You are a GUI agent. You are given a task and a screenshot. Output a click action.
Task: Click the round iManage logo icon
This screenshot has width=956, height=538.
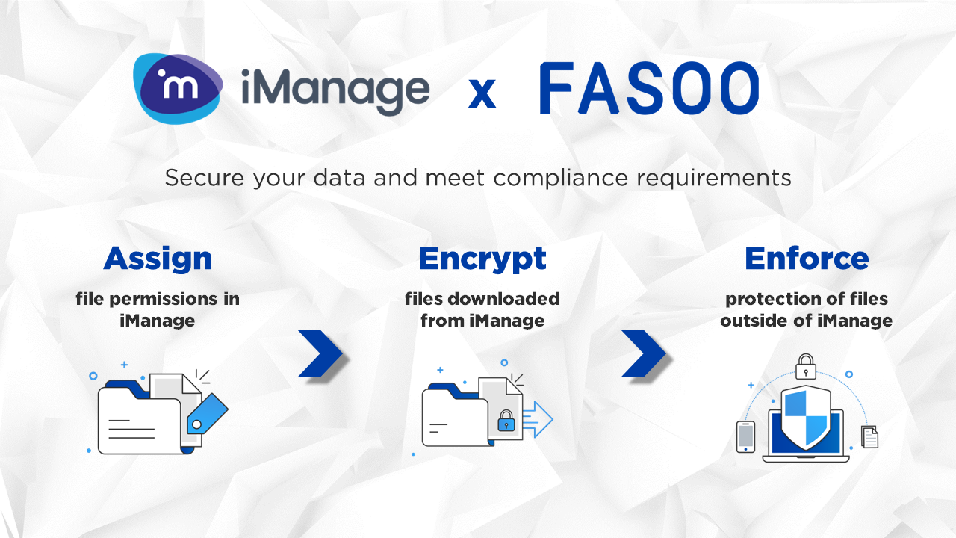point(178,88)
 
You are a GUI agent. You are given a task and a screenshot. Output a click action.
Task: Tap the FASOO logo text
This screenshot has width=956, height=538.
point(648,90)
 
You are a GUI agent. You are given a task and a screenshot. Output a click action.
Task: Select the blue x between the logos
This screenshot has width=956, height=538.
point(482,93)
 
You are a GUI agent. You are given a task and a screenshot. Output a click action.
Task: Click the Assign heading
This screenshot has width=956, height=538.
point(158,259)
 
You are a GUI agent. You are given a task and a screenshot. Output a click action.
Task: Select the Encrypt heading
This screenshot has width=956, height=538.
point(482,259)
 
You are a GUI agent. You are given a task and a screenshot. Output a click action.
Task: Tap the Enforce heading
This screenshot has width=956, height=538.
point(807,259)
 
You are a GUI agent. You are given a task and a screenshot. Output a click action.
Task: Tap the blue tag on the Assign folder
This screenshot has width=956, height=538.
point(207,413)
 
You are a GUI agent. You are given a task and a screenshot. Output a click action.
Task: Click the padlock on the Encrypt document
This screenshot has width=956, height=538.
point(506,420)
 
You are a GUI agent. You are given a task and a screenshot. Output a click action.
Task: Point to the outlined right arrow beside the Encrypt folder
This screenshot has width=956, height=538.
point(538,419)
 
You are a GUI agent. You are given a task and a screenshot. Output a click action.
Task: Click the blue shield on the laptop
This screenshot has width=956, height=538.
point(806,415)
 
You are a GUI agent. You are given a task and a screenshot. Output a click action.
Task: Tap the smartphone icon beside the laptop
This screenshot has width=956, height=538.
point(745,436)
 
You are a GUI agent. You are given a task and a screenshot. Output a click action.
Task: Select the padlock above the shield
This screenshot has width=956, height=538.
point(805,366)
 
